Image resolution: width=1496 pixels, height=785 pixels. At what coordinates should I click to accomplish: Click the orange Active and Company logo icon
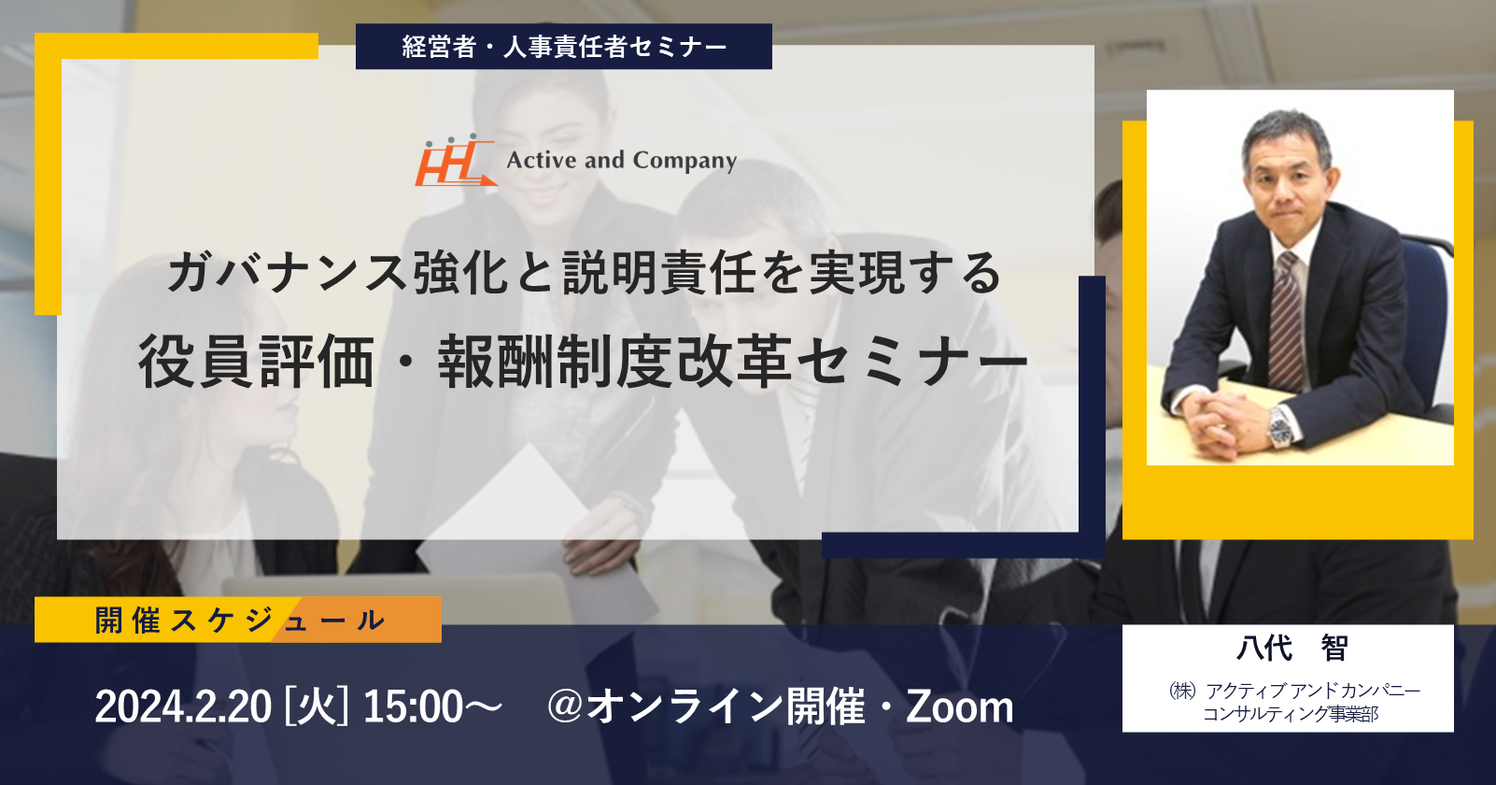[x=456, y=161]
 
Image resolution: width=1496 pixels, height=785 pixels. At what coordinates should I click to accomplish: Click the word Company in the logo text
[x=684, y=161]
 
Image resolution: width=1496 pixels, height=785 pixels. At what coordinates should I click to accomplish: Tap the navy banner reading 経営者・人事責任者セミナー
[x=564, y=47]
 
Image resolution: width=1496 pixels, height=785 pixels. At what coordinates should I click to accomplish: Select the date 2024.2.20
[x=184, y=706]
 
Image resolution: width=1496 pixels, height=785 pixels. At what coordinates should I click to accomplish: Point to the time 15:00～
[x=432, y=706]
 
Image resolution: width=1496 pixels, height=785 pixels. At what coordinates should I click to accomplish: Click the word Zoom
[x=959, y=706]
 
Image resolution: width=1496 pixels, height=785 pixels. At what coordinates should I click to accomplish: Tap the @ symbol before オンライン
[x=566, y=706]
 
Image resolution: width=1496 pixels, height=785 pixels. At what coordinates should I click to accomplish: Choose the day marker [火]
[x=317, y=706]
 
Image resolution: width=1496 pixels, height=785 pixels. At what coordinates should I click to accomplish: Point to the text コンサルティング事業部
[x=1291, y=714]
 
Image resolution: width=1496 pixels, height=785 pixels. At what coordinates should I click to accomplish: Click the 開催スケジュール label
[x=238, y=620]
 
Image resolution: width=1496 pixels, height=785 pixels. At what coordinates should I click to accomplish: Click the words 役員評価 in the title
[x=256, y=362]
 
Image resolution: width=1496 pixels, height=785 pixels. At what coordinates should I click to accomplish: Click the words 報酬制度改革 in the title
[x=615, y=362]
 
